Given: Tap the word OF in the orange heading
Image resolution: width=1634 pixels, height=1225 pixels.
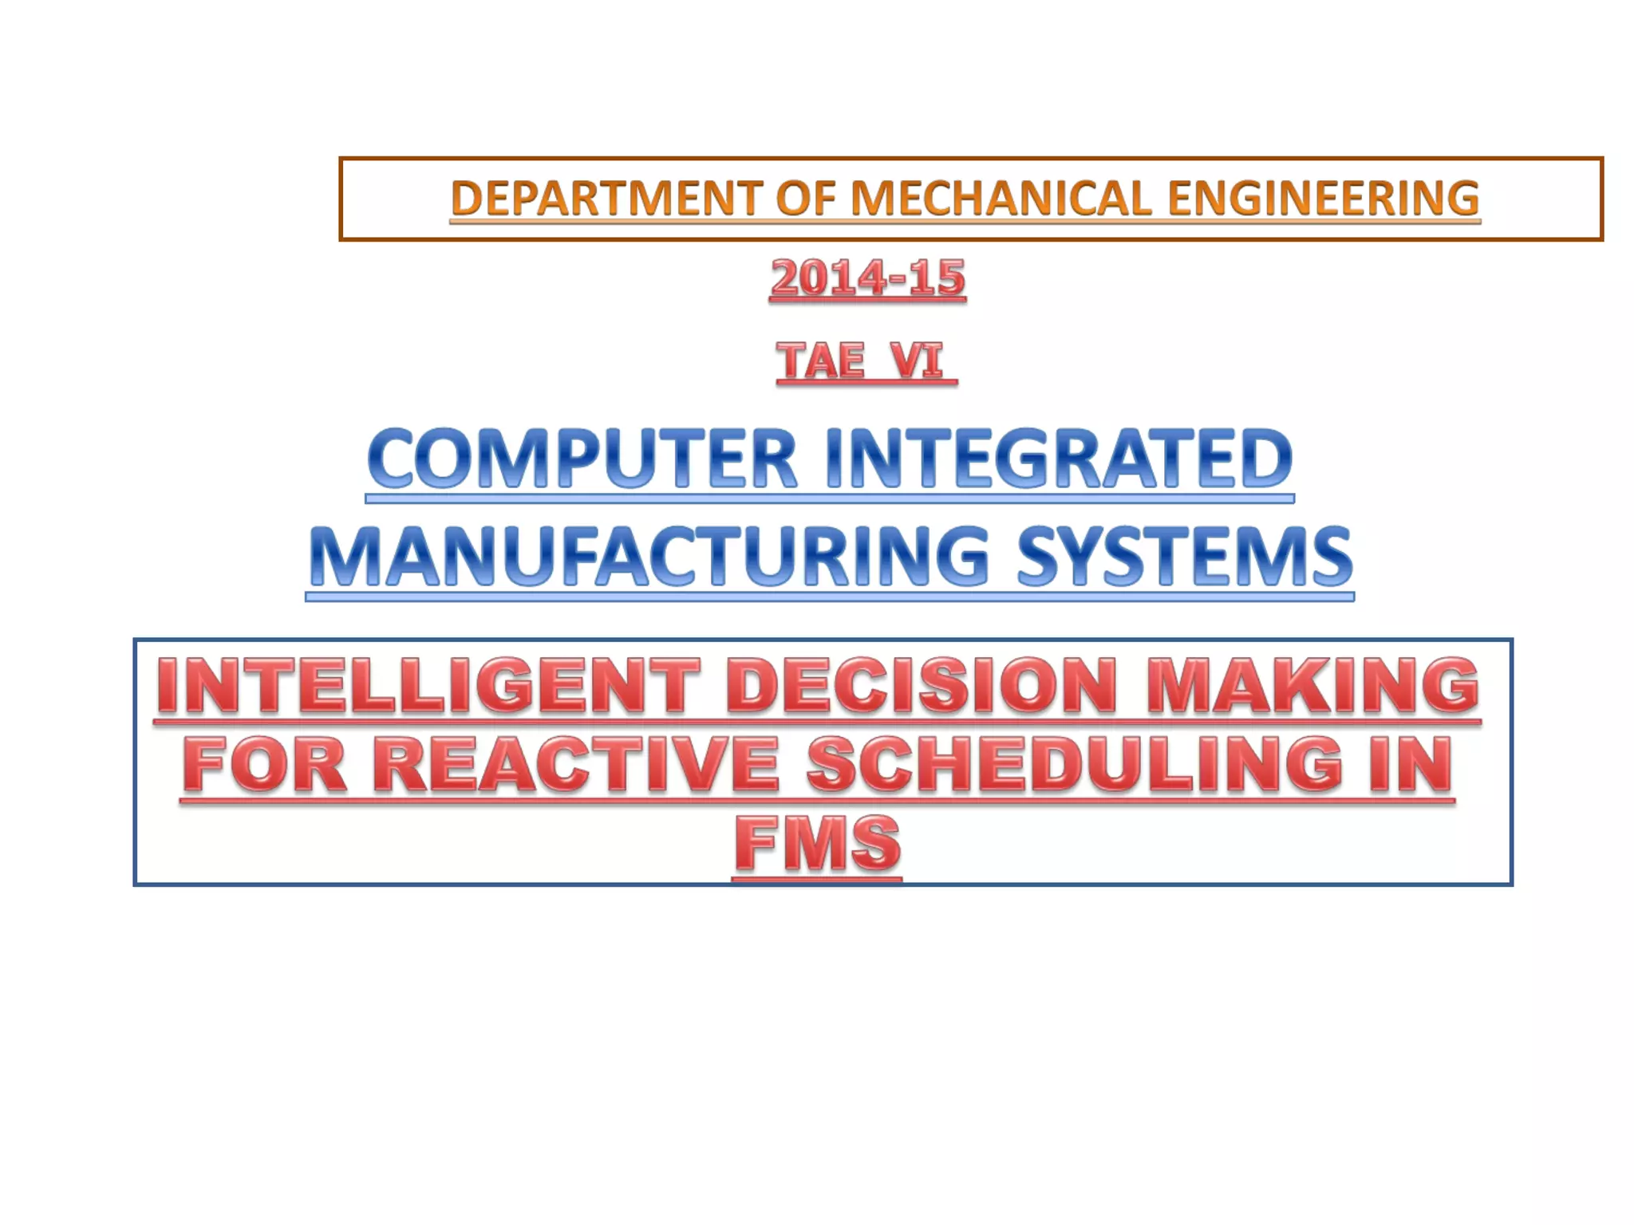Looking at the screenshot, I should pos(806,198).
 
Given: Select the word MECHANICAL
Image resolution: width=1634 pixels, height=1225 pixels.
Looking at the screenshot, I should pos(1001,198).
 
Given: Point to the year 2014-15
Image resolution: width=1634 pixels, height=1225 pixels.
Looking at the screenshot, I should pos(867,278).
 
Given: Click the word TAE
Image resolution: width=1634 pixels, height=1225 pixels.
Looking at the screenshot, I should pos(821,360).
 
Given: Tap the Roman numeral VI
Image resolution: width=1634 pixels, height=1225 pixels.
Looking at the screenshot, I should pos(918,360).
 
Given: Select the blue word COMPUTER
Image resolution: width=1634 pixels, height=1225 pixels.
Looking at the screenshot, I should pos(582,459).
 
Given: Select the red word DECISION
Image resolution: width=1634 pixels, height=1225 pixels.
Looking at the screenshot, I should pos(922,685).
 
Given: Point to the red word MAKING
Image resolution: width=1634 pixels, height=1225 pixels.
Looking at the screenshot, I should pos(1312,685).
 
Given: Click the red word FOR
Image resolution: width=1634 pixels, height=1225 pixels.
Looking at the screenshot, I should pos(265,764).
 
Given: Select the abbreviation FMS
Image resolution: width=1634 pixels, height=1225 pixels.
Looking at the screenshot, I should pos(817,843).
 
